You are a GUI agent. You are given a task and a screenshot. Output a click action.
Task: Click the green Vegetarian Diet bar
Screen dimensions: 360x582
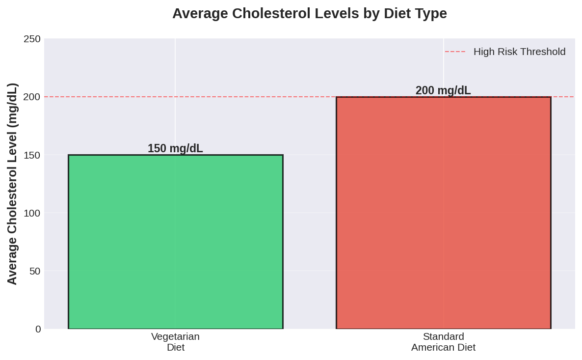coord(175,242)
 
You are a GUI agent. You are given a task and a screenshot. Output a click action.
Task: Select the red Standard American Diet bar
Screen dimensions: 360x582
coord(443,213)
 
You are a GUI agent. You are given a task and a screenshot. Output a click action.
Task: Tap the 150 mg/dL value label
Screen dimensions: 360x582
coord(175,148)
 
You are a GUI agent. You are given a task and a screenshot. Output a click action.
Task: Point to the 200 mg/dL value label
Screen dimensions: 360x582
coord(443,90)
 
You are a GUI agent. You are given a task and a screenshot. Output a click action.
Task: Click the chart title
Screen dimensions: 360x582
coord(309,13)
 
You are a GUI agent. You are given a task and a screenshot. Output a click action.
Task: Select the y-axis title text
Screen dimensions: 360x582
coord(12,184)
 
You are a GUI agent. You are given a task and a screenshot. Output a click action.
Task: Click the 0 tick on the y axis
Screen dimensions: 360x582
coord(38,329)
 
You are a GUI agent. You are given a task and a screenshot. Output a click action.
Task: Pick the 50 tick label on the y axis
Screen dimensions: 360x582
coord(35,271)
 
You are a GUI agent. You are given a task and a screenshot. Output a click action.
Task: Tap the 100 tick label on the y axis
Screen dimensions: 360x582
coord(32,213)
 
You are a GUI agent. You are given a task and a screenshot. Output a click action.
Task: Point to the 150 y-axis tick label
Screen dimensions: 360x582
coord(32,155)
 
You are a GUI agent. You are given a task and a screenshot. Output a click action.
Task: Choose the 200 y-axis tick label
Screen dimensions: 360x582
coord(32,97)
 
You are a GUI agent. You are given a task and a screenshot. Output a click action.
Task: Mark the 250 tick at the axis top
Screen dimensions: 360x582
coord(32,39)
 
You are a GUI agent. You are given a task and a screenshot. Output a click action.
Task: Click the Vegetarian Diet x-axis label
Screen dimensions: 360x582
coord(175,342)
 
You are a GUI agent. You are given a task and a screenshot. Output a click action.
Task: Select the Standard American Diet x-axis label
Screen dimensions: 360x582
coord(443,342)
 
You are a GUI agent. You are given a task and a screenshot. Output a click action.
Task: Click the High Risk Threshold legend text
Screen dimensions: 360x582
coord(519,52)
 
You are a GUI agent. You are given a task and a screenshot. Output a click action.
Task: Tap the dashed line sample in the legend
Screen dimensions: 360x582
coord(455,52)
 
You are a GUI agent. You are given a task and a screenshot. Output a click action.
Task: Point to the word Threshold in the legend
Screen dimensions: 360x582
coord(542,52)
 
